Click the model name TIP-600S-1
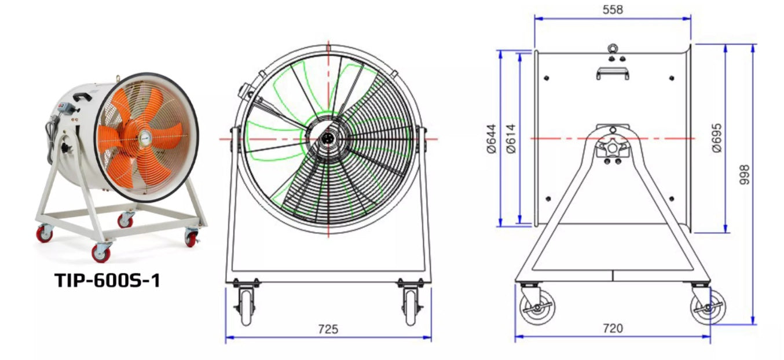click(x=107, y=280)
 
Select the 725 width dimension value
click(x=328, y=329)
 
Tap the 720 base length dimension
click(x=613, y=328)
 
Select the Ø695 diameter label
click(x=717, y=138)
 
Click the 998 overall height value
click(x=745, y=174)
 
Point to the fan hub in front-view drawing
click(x=328, y=139)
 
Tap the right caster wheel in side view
click(x=707, y=306)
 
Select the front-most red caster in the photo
click(x=101, y=252)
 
